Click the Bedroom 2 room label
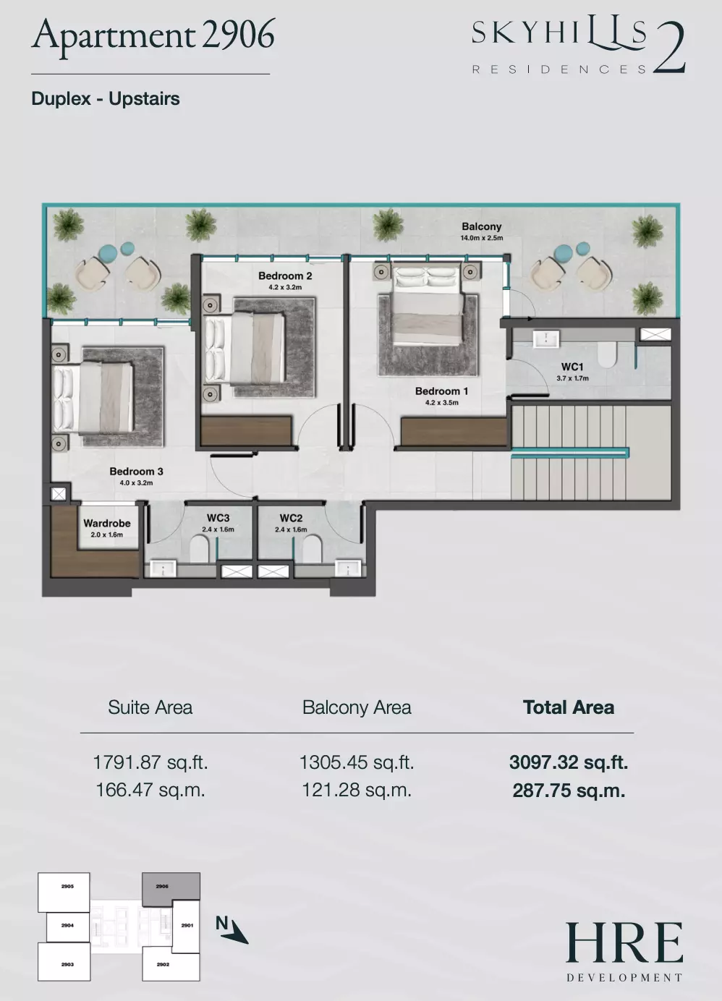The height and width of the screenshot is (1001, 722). [285, 276]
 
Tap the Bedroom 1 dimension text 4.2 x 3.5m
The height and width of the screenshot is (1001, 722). [442, 402]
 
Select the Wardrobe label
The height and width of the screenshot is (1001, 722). [107, 523]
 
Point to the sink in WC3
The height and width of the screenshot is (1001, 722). [163, 568]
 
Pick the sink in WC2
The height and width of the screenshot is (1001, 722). [348, 568]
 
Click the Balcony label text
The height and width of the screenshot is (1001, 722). [482, 226]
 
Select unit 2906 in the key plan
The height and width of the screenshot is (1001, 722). [171, 886]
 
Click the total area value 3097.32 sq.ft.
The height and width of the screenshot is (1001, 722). [569, 762]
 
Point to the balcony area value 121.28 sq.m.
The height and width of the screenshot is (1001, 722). [357, 790]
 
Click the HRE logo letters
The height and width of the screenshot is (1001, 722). [624, 942]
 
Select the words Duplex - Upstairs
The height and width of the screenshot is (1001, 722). [106, 99]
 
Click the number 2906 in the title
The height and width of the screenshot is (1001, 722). [238, 35]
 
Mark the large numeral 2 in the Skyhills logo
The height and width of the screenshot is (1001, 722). [669, 47]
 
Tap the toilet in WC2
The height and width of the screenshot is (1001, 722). [312, 549]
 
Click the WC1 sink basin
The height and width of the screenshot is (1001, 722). [546, 338]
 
